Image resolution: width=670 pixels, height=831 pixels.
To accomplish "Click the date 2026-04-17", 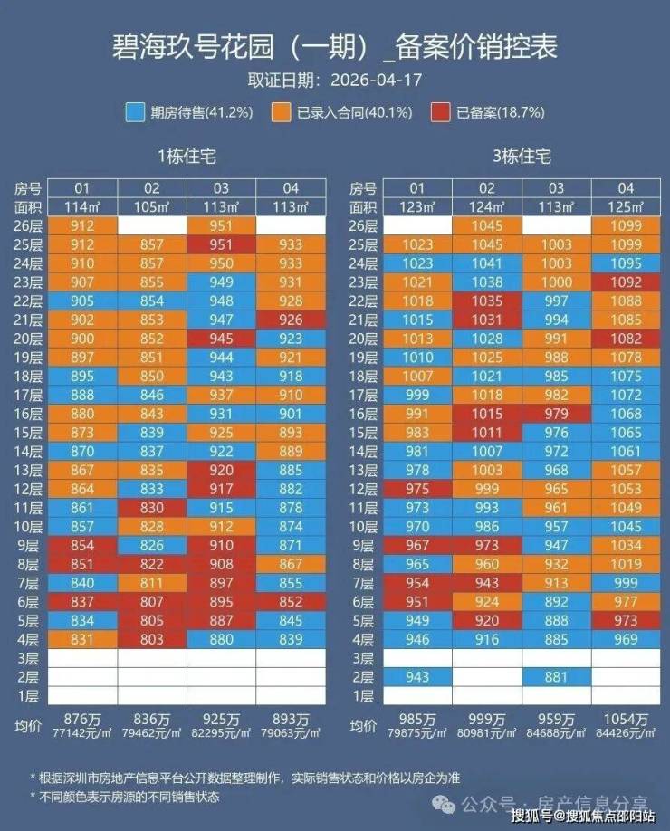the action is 377,80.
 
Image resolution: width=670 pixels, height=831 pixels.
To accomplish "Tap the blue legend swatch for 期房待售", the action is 135,112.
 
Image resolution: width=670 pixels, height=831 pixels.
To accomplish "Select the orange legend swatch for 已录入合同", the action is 281,112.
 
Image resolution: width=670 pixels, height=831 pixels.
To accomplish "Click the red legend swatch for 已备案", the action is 441,112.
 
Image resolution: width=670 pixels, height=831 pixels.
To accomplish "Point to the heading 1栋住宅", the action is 187,157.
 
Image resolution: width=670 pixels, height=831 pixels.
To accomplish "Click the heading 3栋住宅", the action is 522,157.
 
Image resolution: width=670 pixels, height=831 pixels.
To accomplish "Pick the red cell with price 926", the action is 291,320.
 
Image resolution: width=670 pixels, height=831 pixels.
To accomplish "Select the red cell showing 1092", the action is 626,282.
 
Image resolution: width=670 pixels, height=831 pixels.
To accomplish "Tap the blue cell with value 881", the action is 557,677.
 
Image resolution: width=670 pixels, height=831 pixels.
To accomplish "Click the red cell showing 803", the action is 152,639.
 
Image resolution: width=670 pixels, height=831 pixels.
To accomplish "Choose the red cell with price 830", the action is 152,508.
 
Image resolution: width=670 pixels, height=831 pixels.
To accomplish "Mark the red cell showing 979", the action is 557,414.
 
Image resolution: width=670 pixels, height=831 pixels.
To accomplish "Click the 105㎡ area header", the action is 152,206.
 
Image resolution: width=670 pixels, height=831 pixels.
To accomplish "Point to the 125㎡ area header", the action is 626,206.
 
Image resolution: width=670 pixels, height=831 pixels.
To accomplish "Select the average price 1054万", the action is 626,720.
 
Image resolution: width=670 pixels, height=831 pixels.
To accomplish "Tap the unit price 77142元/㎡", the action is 82,733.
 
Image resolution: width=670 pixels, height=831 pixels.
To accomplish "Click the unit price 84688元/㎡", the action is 557,733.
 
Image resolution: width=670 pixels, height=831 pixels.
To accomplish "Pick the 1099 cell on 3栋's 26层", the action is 626,225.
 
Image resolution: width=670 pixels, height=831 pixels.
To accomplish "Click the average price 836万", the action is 152,720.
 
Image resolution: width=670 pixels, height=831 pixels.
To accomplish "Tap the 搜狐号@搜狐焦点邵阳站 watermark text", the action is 583,815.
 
